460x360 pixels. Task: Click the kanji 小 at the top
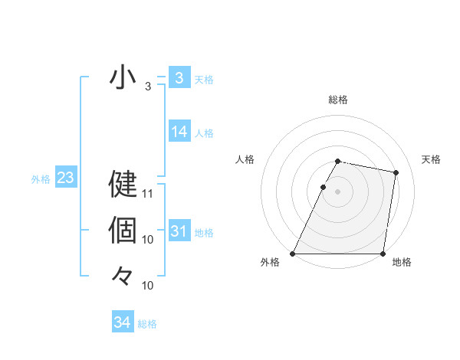tap(123, 78)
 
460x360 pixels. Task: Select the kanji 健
tap(123, 184)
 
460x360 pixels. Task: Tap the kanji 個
tap(123, 229)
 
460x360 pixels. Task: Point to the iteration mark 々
tap(123, 274)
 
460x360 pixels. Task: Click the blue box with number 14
tap(179, 132)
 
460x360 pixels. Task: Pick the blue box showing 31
tap(179, 231)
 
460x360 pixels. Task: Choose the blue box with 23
tap(65, 178)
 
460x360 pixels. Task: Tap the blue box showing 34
tap(123, 322)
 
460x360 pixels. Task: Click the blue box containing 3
tap(179, 77)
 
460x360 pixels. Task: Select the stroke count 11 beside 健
tap(149, 194)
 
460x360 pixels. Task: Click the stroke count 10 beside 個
tap(149, 240)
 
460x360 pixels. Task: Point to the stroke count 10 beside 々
tap(149, 286)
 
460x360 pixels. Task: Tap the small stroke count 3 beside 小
tap(148, 87)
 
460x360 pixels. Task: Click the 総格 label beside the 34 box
tap(147, 324)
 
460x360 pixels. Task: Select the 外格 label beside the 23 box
tap(41, 179)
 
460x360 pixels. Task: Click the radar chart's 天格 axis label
tap(432, 159)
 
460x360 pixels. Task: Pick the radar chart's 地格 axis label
tap(402, 262)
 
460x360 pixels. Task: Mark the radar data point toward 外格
tap(293, 254)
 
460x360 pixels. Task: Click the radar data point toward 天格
tap(396, 173)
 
